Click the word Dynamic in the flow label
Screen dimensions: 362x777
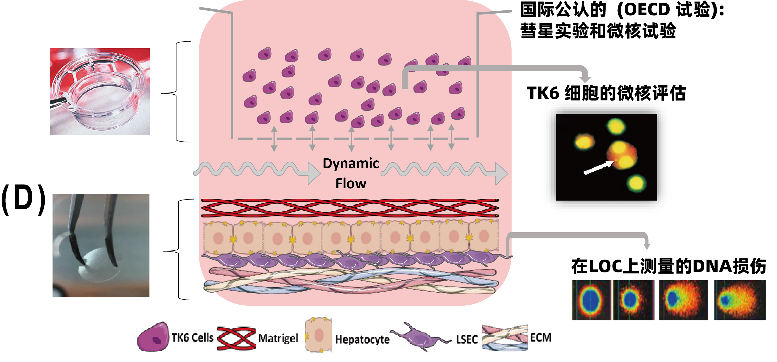point(351,164)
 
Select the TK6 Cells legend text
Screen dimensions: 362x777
point(192,338)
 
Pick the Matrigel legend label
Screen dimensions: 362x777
point(278,338)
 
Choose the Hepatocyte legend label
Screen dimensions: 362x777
point(362,339)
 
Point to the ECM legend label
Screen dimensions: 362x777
point(541,337)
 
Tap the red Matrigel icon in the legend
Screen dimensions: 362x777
point(236,338)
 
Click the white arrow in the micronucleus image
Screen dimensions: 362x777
point(598,168)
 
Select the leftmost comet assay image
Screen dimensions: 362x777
point(591,300)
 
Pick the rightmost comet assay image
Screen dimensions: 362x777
point(740,300)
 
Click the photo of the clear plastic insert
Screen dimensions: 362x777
point(100,91)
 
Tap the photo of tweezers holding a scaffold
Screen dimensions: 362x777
point(101,245)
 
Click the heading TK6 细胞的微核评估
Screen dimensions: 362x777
point(606,93)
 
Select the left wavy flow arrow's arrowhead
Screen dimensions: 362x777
point(314,173)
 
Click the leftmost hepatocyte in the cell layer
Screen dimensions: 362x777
point(218,238)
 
